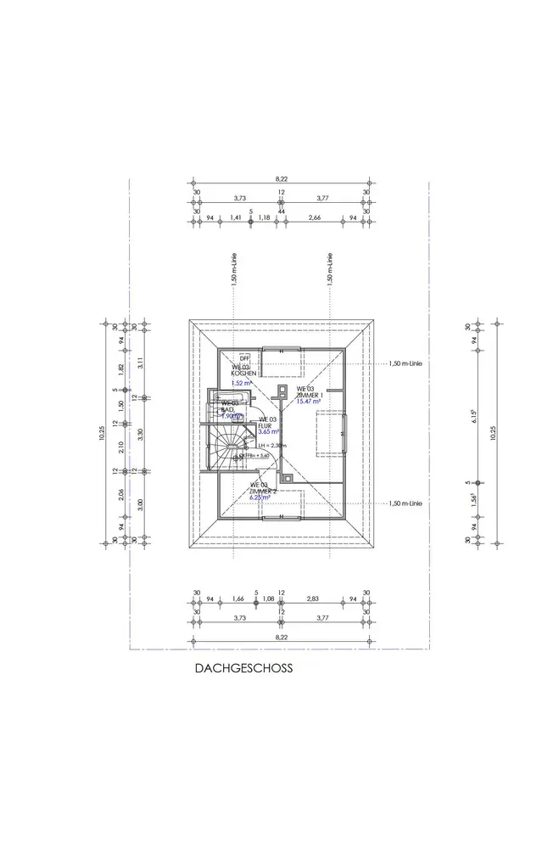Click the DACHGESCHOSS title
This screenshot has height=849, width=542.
[243, 669]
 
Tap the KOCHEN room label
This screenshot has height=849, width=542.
[244, 374]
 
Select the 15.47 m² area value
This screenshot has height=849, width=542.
[307, 402]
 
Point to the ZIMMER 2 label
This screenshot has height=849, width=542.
[263, 491]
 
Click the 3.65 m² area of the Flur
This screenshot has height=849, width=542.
[268, 432]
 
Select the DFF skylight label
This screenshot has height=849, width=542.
[244, 357]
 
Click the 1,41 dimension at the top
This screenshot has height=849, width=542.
[236, 218]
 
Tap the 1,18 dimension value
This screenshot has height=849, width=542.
[264, 218]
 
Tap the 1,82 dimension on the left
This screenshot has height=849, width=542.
[121, 368]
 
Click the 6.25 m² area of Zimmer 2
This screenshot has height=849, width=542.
[261, 498]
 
